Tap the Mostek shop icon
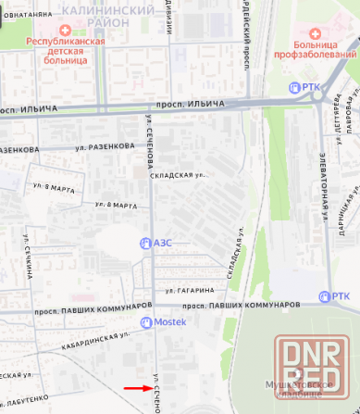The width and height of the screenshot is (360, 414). [x=146, y=321]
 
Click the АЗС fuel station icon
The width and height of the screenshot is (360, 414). [x=144, y=243]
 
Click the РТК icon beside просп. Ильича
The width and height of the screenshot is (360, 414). [x=295, y=87]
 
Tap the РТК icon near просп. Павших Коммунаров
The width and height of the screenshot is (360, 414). [x=325, y=296]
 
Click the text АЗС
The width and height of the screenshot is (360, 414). [x=163, y=243]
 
